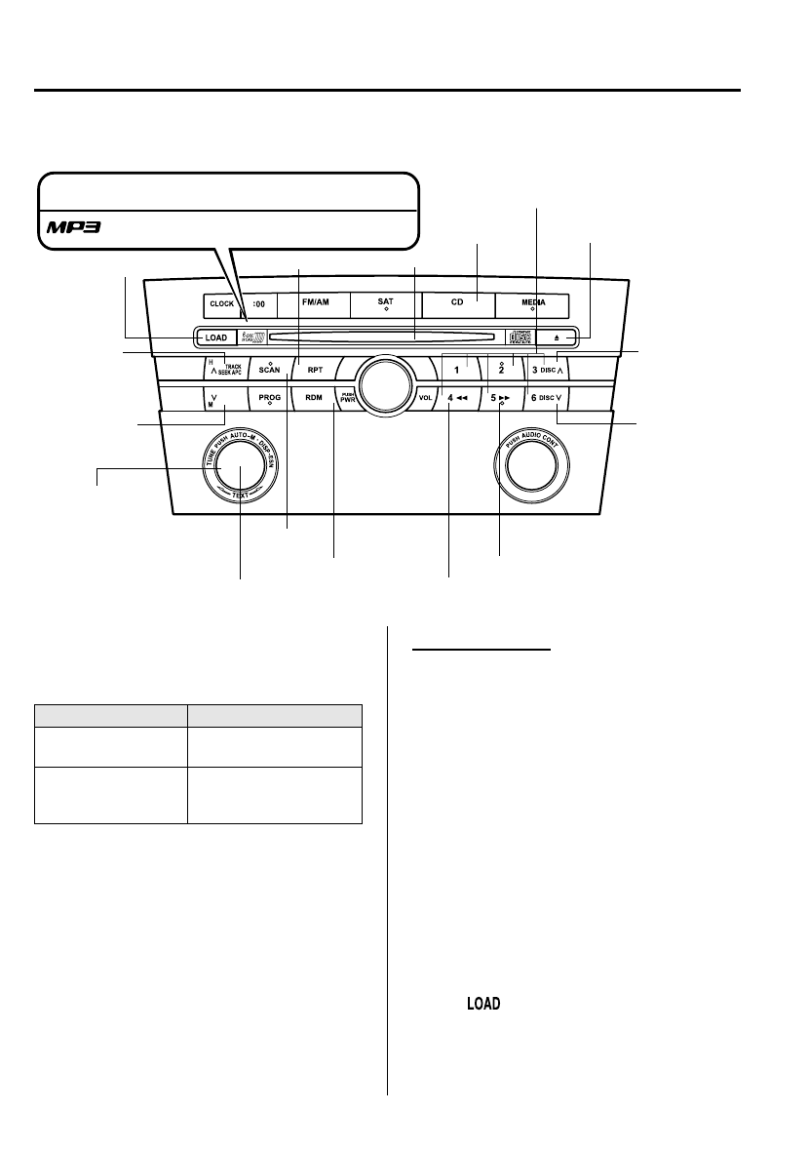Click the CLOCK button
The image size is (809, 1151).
(x=221, y=303)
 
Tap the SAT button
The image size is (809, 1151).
(x=385, y=303)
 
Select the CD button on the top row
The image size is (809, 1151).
(x=456, y=303)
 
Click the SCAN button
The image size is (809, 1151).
(x=269, y=370)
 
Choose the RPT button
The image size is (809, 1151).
(x=314, y=371)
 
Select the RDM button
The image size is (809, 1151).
(x=314, y=398)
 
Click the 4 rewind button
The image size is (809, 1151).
(x=456, y=398)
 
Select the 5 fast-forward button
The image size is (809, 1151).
(x=500, y=398)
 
